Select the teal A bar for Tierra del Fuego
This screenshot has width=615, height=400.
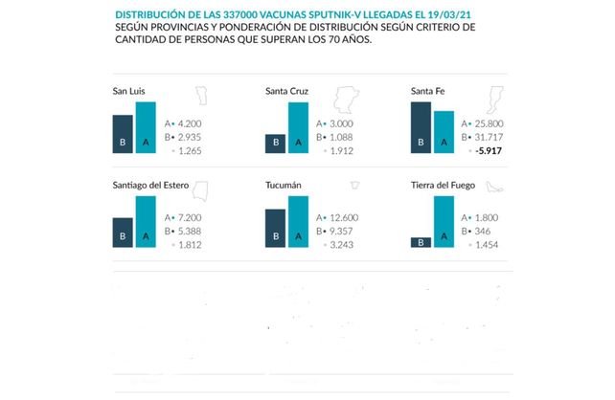pyautogui.click(x=444, y=223)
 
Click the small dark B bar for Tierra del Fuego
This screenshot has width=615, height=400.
pyautogui.click(x=420, y=243)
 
